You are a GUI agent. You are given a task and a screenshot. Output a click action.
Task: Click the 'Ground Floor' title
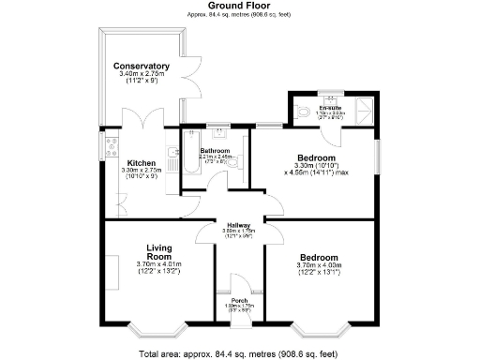pos(239,6)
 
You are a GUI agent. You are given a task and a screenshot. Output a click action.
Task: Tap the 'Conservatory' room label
pos(141,67)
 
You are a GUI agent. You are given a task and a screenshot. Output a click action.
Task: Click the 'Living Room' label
pos(159,252)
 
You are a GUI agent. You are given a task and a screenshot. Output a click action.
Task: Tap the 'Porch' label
pos(233,300)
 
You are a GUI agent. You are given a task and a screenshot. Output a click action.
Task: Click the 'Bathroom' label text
pos(215,150)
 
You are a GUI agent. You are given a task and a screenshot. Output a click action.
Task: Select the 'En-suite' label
pos(329,107)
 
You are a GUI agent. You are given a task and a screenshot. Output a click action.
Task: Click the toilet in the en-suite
pos(300,112)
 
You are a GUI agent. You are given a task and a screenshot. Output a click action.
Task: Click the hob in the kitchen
pos(112,145)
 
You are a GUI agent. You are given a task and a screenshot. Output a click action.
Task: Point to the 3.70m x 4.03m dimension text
pos(319,265)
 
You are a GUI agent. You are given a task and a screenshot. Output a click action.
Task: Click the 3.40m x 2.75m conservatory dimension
pos(141,76)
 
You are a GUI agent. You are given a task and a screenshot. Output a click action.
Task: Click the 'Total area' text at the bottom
pos(239,352)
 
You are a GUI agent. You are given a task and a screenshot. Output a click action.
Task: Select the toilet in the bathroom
pos(239,162)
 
